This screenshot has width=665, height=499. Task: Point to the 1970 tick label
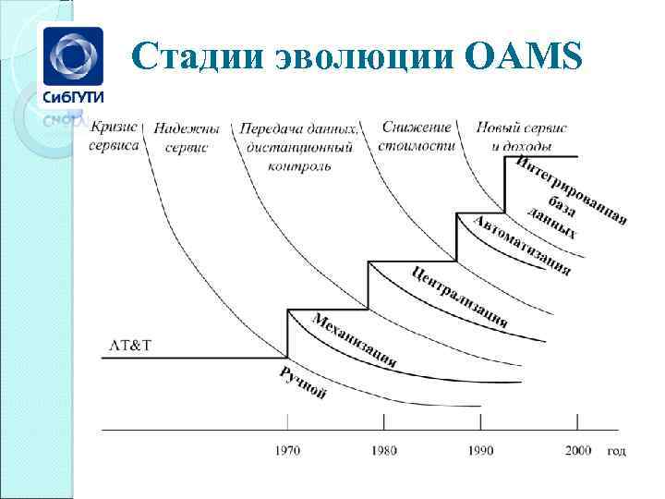point(287,450)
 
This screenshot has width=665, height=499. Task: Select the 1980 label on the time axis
point(383,450)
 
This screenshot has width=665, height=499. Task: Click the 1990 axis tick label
point(479,450)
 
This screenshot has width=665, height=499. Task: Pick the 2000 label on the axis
point(576,450)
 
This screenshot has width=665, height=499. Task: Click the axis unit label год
point(616,450)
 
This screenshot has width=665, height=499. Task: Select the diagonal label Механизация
point(355,340)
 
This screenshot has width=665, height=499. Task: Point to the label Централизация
point(459,297)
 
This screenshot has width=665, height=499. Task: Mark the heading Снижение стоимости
point(417,136)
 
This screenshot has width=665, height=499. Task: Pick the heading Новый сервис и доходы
point(522,136)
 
